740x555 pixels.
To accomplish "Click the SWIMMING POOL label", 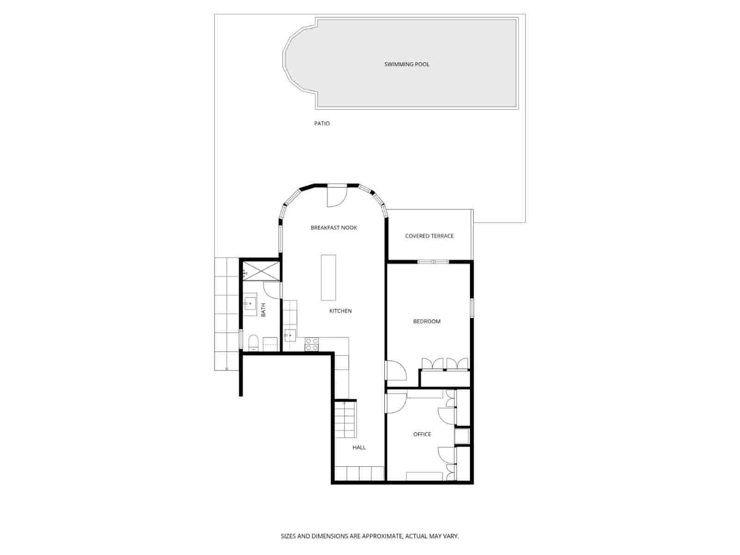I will tap(407, 64).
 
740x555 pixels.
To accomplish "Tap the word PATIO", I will tap(322, 123).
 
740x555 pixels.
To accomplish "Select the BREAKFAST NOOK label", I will tap(334, 228).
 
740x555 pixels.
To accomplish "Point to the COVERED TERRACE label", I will tap(429, 236).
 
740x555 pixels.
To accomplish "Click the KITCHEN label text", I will tap(340, 311).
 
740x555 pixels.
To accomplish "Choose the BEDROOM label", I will tap(426, 321).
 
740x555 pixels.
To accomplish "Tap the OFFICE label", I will tap(422, 434).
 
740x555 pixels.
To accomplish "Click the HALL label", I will tap(359, 447).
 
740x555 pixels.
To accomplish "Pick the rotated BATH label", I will tap(263, 309).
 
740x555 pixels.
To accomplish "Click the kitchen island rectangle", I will tap(328, 277).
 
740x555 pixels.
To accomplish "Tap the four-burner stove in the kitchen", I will tap(312, 344).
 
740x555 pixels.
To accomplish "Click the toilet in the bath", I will tap(253, 343).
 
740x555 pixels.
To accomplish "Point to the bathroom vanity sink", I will tap(250, 303).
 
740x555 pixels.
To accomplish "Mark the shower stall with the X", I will tap(261, 270).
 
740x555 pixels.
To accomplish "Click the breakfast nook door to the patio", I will tap(336, 197).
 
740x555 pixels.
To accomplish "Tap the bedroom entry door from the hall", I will tap(395, 371).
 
